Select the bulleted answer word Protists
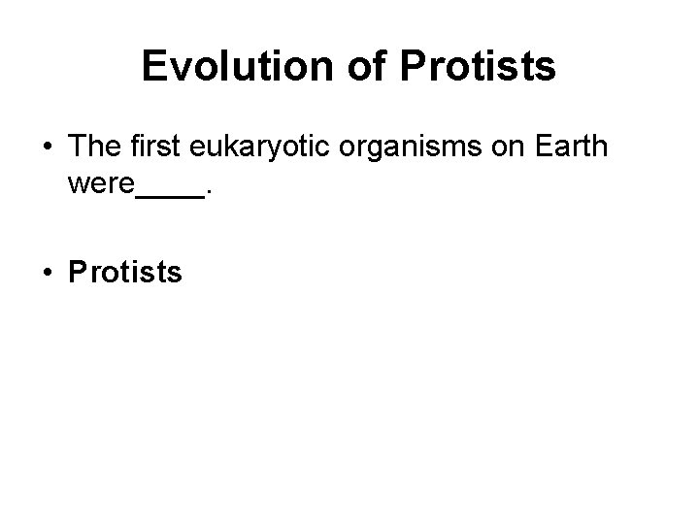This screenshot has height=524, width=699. pos(125,273)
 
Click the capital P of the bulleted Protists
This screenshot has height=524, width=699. pos(78,273)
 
